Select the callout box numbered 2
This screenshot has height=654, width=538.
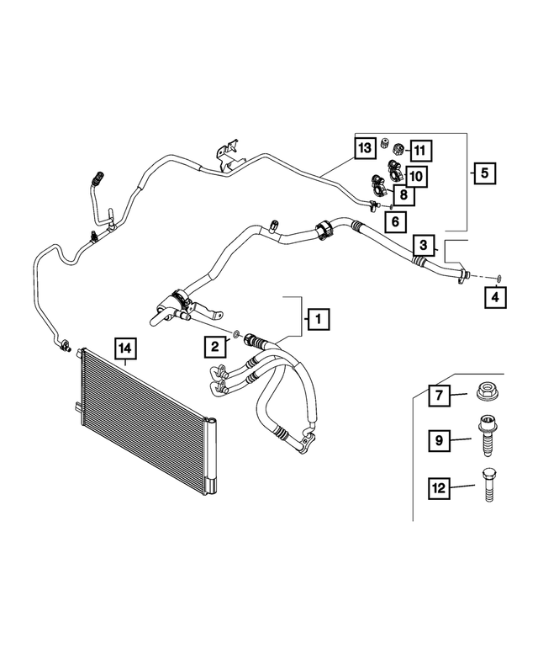215,345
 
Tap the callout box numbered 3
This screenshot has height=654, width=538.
425,246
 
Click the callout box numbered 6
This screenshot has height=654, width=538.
394,221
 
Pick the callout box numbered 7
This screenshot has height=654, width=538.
438,393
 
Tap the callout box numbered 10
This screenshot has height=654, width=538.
415,175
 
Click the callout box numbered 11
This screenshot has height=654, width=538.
419,151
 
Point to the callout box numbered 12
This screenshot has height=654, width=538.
438,486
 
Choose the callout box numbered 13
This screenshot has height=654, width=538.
363,149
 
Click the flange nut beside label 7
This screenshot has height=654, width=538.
486,392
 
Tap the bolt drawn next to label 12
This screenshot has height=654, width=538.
487,486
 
